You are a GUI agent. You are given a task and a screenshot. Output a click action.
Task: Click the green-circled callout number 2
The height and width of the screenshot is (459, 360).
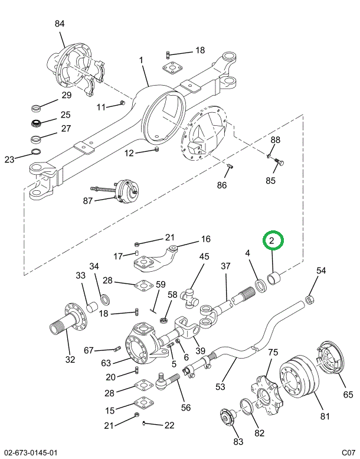273,241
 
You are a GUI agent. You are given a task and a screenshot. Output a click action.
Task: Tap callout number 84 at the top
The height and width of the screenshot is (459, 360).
60,24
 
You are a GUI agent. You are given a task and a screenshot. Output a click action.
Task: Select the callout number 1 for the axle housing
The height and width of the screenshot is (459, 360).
142,60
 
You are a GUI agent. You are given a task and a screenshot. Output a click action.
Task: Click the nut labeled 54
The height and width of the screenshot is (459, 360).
313,301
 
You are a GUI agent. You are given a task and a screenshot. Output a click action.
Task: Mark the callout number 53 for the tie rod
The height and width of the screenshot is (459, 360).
220,388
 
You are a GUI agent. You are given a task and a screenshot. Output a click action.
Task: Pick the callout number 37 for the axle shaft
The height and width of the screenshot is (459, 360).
225,266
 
